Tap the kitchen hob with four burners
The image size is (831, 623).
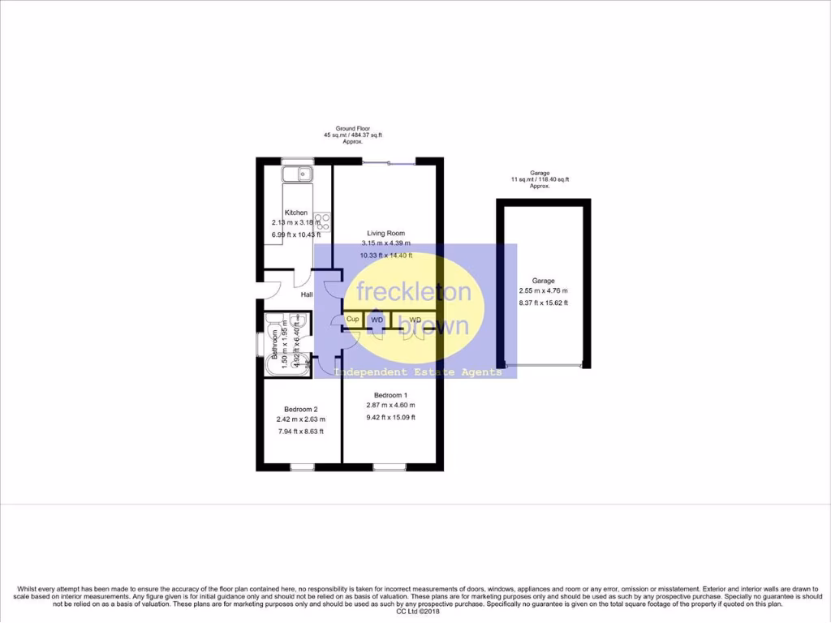pyautogui.click(x=322, y=220)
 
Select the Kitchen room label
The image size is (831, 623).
pyautogui.click(x=295, y=213)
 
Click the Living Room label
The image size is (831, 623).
pyautogui.click(x=385, y=233)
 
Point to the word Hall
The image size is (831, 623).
pyautogui.click(x=307, y=294)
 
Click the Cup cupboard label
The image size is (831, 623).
pyautogui.click(x=352, y=320)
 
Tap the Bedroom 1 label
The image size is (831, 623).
pyautogui.click(x=390, y=394)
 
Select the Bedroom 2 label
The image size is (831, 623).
pyautogui.click(x=300, y=409)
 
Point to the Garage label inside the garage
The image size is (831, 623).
pyautogui.click(x=543, y=281)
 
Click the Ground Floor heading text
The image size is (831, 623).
pyautogui.click(x=352, y=128)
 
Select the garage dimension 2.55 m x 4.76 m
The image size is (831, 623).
pyautogui.click(x=543, y=291)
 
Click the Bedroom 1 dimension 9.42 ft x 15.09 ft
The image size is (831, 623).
pyautogui.click(x=390, y=418)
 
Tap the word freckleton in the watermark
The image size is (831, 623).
pyautogui.click(x=414, y=292)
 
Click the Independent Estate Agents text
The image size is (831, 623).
pyautogui.click(x=418, y=372)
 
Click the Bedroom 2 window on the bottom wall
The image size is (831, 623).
pyautogui.click(x=303, y=467)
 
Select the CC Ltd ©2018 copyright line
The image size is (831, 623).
pyautogui.click(x=415, y=611)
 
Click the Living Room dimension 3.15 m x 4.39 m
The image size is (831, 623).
pyautogui.click(x=385, y=243)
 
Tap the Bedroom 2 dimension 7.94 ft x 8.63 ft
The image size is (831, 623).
pyautogui.click(x=300, y=432)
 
